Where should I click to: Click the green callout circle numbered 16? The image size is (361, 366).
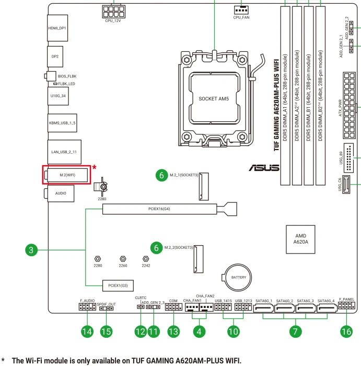(346, 331)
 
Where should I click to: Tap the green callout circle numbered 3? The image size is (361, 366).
(31, 250)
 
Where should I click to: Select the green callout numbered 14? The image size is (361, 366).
(87, 331)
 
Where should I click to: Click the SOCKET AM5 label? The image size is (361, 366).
(214, 99)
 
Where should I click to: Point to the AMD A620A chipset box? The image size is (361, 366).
(300, 239)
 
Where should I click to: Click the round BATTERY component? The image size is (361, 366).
(238, 277)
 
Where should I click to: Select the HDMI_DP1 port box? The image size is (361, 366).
(57, 28)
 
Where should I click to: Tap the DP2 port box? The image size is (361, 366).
(55, 56)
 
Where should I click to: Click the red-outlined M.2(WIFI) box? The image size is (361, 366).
(67, 175)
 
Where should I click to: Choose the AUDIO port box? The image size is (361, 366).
(61, 193)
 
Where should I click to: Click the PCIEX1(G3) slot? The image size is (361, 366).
(118, 285)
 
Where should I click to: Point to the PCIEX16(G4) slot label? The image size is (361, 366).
(159, 209)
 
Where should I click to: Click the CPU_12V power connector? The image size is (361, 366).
(113, 12)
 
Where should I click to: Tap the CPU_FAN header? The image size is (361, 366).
(241, 10)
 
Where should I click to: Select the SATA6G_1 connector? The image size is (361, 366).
(263, 308)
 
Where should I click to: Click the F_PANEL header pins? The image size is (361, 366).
(346, 305)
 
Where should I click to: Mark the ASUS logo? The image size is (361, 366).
(264, 168)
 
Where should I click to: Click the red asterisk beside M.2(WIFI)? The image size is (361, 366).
(94, 167)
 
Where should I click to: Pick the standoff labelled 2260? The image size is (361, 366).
(123, 259)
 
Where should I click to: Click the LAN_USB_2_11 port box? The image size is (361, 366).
(64, 152)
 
